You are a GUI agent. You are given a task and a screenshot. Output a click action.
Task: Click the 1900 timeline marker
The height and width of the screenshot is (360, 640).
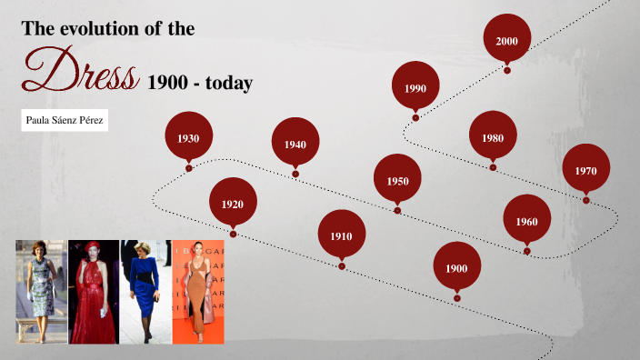tap(456, 267)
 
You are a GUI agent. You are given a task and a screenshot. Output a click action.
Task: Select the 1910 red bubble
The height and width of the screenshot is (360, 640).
tap(341, 235)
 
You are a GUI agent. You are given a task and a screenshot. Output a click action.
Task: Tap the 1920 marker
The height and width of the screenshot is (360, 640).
tap(233, 204)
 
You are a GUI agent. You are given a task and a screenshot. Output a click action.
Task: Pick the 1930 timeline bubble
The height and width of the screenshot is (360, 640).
tap(188, 138)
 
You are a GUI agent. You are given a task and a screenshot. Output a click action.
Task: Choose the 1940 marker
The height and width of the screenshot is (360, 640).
tap(295, 144)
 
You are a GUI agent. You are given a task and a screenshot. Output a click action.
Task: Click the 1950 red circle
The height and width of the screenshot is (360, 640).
tap(397, 180)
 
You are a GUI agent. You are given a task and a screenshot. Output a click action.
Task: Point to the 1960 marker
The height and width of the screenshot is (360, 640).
tap(526, 221)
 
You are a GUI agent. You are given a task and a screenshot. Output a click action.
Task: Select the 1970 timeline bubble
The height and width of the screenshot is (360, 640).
tap(585, 170)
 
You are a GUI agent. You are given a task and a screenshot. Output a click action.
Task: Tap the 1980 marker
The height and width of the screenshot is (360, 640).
tap(493, 137)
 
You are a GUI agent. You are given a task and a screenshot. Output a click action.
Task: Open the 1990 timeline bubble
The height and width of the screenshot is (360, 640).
tap(415, 87)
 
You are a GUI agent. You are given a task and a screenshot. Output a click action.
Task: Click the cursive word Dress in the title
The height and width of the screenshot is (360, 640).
tap(82, 71)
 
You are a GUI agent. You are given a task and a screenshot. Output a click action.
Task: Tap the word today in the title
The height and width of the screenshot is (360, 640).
tap(227, 84)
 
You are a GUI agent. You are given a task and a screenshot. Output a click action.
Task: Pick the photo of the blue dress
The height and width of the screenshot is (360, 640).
tap(145, 292)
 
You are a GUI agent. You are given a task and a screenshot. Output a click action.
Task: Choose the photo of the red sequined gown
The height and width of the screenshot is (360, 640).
tap(93, 292)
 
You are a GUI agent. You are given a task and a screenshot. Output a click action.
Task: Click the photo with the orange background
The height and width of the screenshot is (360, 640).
tap(197, 292)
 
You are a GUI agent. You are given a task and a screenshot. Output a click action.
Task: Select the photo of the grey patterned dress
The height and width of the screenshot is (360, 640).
tap(41, 292)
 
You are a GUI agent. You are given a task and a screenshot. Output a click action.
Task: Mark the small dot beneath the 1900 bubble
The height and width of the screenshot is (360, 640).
tap(456, 298)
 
